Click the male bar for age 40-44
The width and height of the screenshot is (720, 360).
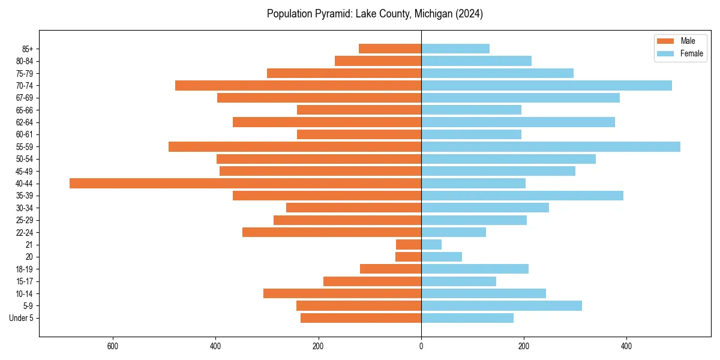pyautogui.click(x=245, y=184)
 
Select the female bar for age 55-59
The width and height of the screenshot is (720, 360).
pyautogui.click(x=551, y=147)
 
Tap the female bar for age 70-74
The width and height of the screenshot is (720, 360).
pyautogui.click(x=547, y=86)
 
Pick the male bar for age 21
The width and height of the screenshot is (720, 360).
pyautogui.click(x=409, y=245)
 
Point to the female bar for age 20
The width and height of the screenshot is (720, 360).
pyautogui.click(x=442, y=257)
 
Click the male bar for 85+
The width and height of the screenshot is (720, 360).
pyautogui.click(x=390, y=49)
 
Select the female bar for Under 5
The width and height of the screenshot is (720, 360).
pyautogui.click(x=467, y=318)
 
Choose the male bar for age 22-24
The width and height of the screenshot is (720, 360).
pyautogui.click(x=332, y=232)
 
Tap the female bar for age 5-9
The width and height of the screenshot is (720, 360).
pyautogui.click(x=502, y=306)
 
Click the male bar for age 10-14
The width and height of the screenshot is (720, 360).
pyautogui.click(x=342, y=293)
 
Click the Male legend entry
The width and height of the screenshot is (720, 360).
pyautogui.click(x=688, y=41)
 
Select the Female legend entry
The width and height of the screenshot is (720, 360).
pyautogui.click(x=691, y=53)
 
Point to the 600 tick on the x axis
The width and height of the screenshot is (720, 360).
pyautogui.click(x=112, y=346)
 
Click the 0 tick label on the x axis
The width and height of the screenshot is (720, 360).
pyautogui.click(x=421, y=346)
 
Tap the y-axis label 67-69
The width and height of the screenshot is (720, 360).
pyautogui.click(x=24, y=98)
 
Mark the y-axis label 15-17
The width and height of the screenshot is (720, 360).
pyautogui.click(x=24, y=281)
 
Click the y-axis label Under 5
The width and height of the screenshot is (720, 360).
pyautogui.click(x=21, y=318)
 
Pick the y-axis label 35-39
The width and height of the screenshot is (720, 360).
pyautogui.click(x=24, y=196)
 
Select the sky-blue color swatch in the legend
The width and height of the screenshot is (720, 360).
pyautogui.click(x=666, y=53)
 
